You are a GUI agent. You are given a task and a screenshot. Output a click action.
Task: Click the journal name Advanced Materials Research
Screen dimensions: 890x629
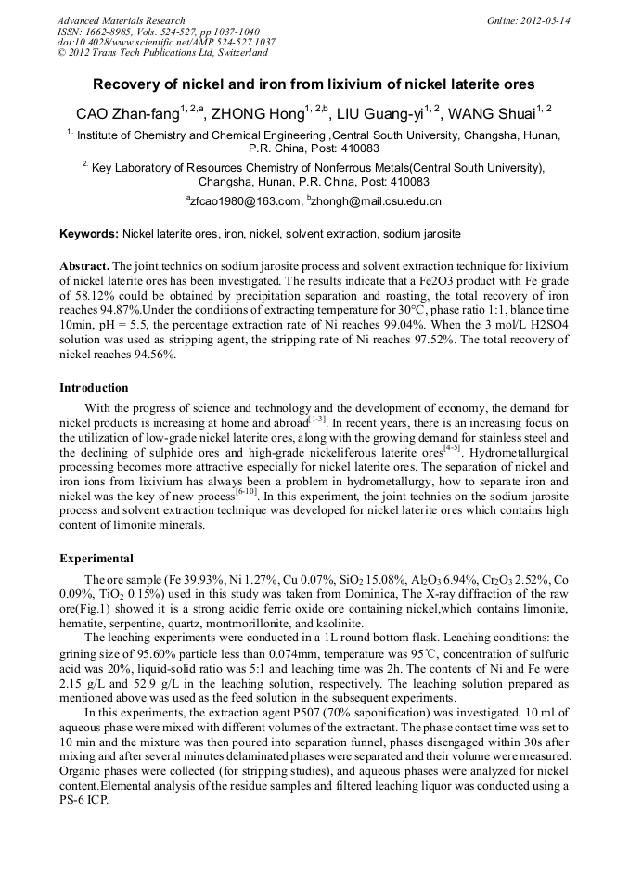121,20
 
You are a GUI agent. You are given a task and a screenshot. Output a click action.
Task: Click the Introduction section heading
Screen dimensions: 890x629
94,388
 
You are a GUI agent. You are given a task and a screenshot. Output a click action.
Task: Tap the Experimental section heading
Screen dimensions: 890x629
96,560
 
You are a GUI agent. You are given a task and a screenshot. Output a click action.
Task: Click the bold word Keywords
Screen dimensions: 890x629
88,234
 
